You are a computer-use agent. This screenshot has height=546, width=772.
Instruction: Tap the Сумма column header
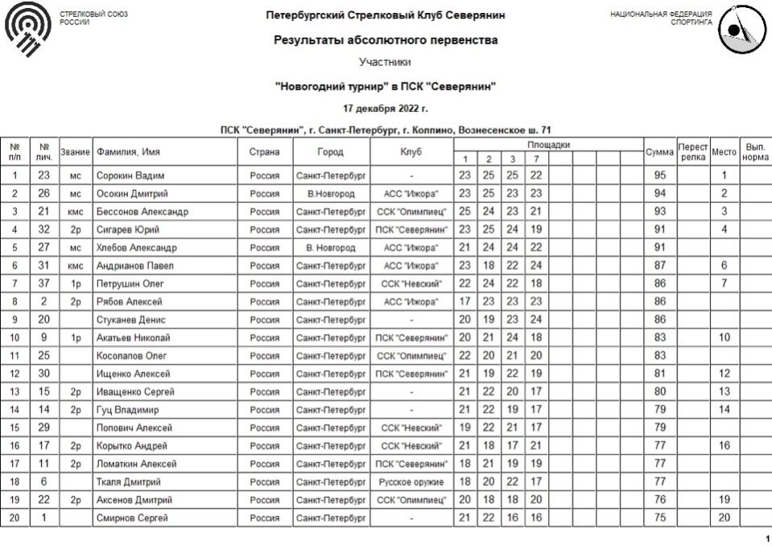coord(659,152)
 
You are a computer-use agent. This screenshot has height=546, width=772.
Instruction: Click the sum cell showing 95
coord(659,176)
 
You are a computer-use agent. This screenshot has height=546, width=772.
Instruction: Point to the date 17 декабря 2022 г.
coord(385,109)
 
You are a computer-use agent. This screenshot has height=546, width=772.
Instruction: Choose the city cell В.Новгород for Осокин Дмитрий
coord(331,193)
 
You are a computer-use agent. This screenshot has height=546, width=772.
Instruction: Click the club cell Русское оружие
coord(411,482)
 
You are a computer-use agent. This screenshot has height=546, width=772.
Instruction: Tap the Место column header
coord(724,152)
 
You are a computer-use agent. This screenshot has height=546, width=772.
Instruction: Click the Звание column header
coord(75,152)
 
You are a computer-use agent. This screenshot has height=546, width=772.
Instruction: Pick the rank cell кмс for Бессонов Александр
coord(75,212)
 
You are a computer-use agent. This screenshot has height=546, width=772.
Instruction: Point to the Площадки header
coord(548,145)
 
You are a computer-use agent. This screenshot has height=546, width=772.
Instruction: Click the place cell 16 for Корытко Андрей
coord(724,446)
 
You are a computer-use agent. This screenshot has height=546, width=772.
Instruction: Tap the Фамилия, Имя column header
coord(127,152)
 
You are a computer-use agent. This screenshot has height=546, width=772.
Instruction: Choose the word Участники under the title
coord(385,62)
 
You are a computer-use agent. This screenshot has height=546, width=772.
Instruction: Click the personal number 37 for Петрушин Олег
coord(44,283)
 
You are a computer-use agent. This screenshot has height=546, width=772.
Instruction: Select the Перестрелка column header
coord(692,152)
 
